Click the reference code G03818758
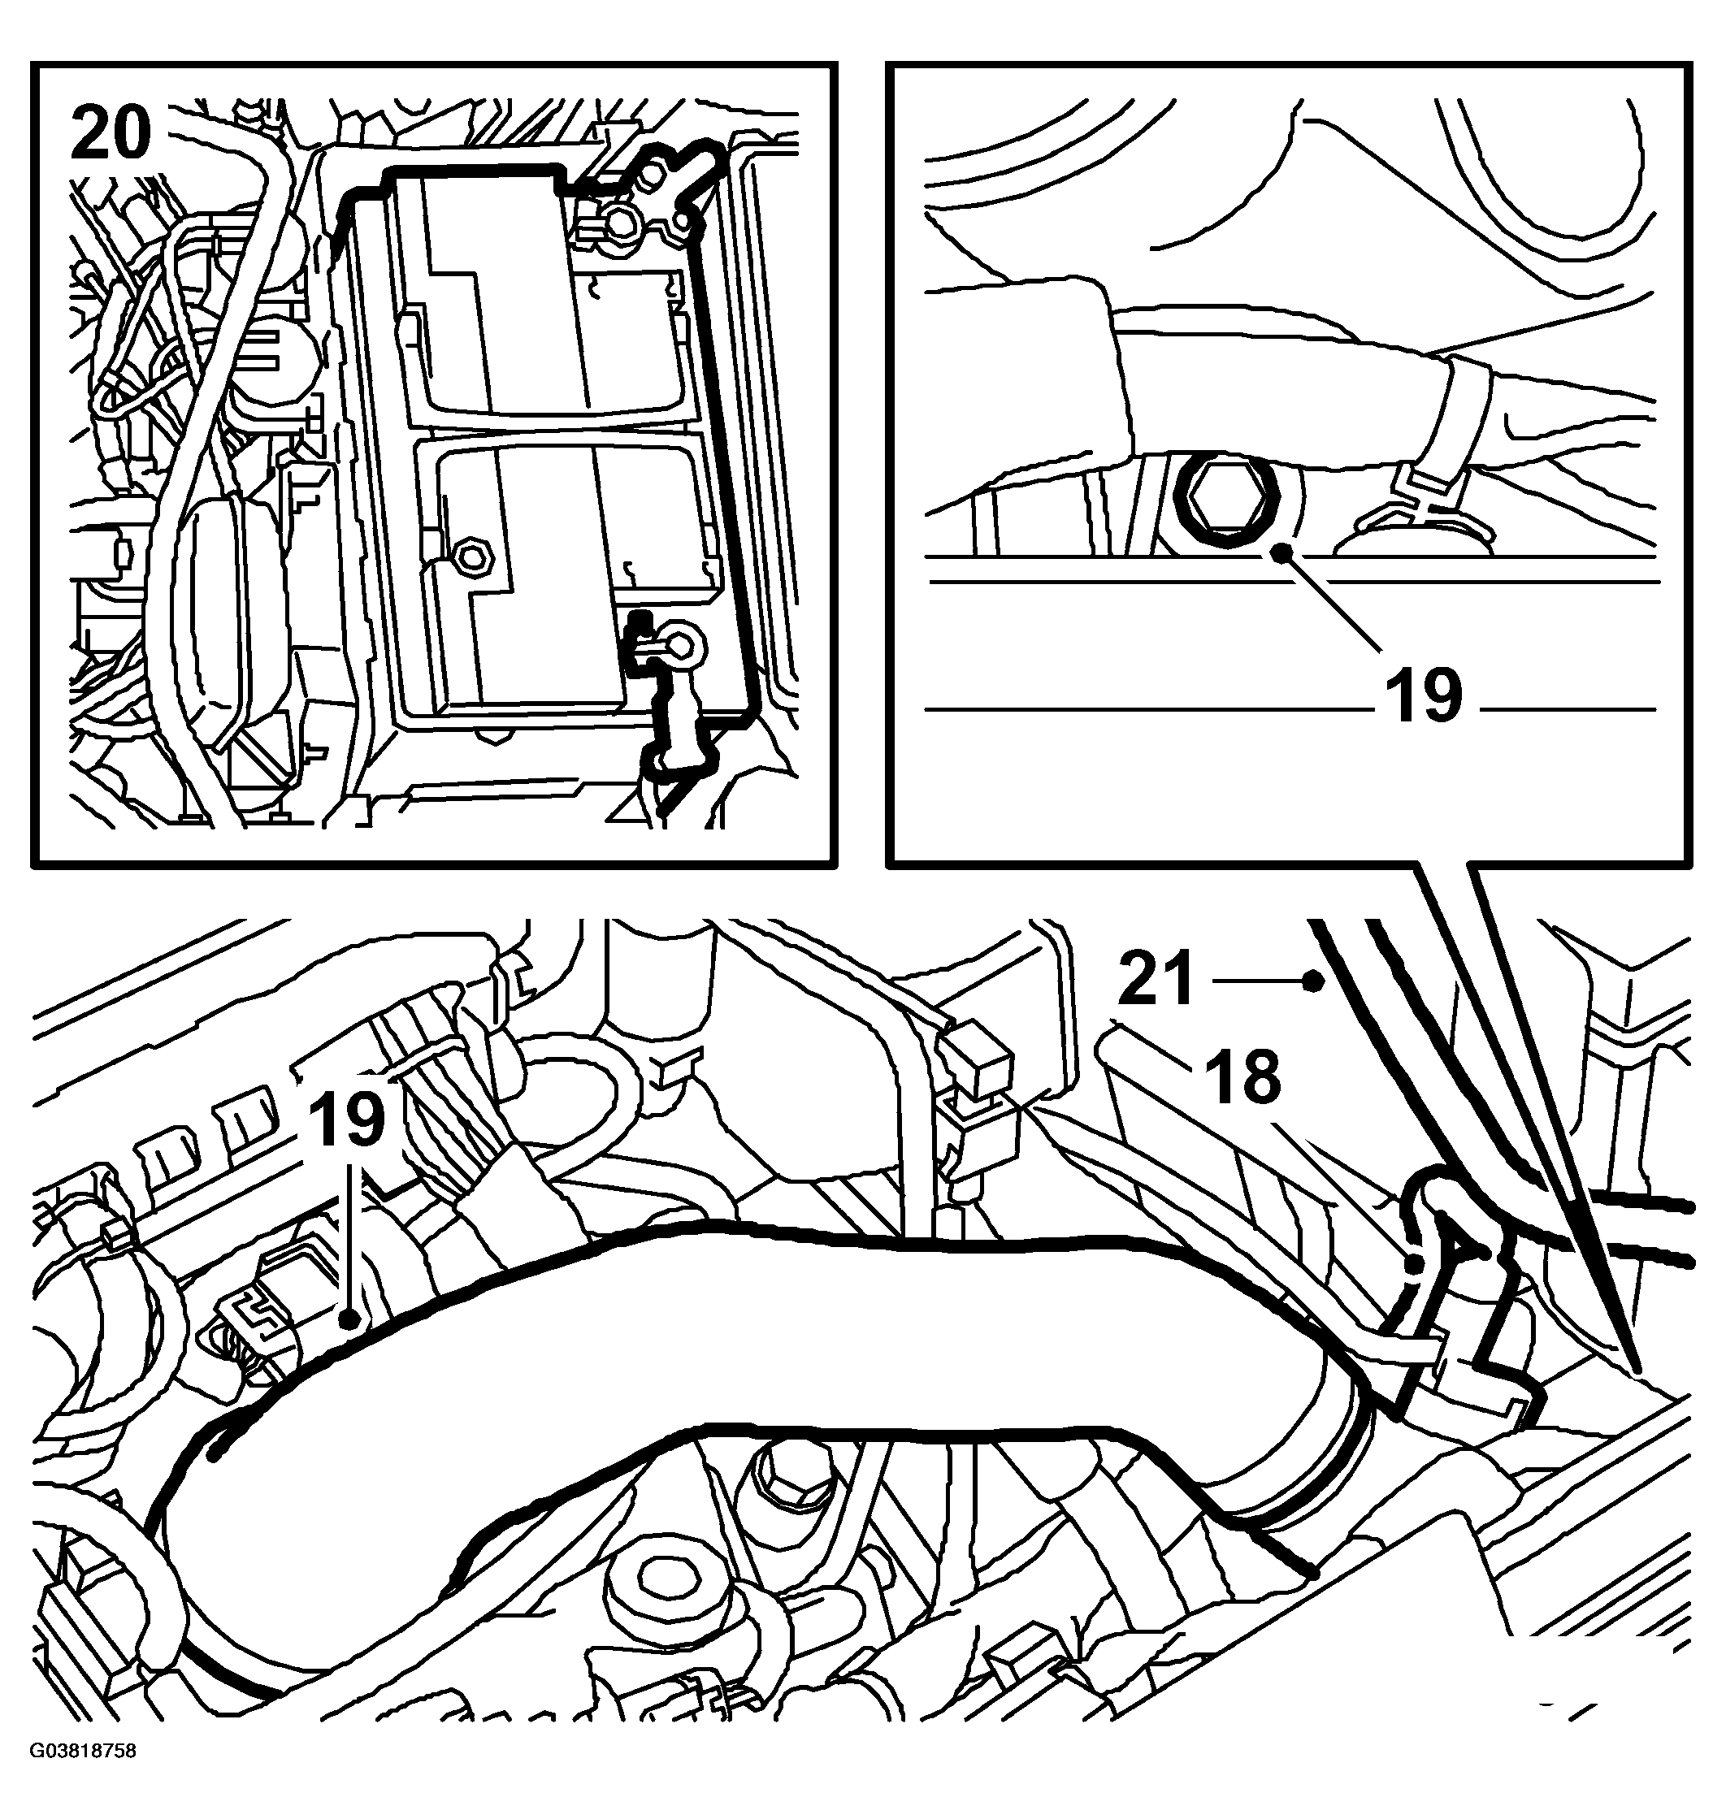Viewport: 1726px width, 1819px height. tap(82, 1778)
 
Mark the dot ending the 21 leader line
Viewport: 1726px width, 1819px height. tap(1316, 982)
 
